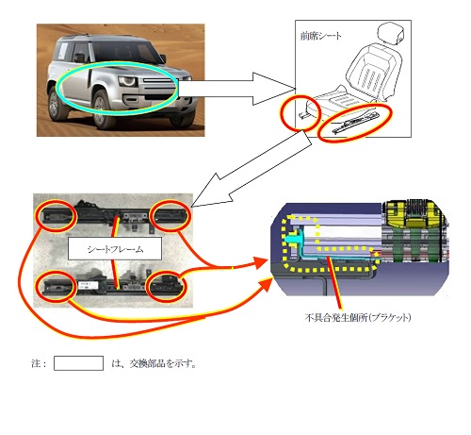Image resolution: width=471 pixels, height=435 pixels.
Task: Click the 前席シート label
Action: pyautogui.click(x=320, y=36)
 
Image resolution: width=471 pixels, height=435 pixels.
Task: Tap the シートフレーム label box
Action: pyautogui.click(x=115, y=248)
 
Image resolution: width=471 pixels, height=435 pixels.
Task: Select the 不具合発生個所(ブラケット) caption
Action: pyautogui.click(x=358, y=317)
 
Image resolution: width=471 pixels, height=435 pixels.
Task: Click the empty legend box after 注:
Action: pyautogui.click(x=78, y=363)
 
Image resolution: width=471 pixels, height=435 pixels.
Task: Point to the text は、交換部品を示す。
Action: pyautogui.click(x=154, y=363)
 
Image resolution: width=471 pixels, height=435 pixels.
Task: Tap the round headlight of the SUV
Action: pyautogui.click(x=128, y=81)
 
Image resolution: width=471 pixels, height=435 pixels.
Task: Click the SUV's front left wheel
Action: pyautogui.click(x=104, y=109)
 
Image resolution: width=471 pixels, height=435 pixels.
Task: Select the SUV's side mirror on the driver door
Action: pyautogui.click(x=79, y=58)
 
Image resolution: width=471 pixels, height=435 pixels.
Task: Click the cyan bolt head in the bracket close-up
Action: pyautogui.click(x=293, y=239)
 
